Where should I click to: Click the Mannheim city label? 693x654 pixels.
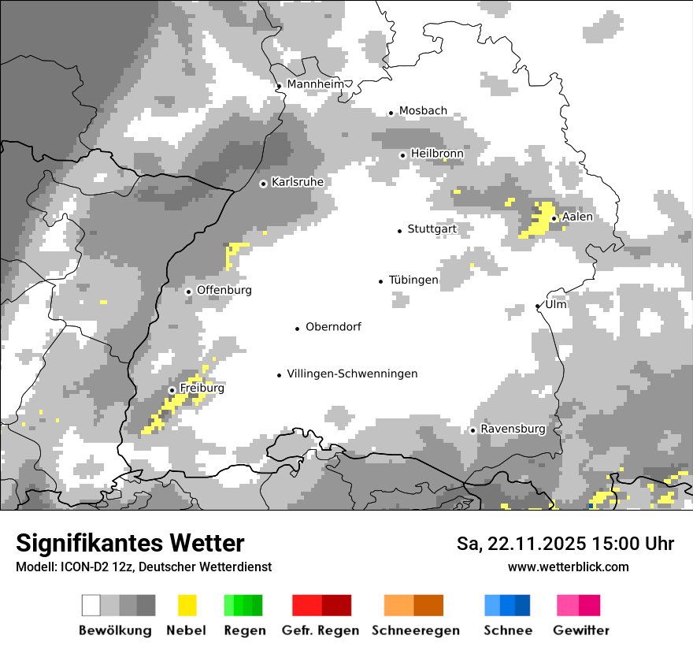tap(315, 84)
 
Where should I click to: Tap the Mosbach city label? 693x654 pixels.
tap(423, 111)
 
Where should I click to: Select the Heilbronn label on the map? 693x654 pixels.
tap(437, 154)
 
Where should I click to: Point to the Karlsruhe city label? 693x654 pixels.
tap(298, 182)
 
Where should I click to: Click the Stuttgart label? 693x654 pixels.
tap(432, 229)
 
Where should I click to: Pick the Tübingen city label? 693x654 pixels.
tap(413, 280)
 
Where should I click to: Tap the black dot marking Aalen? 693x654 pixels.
tap(554, 218)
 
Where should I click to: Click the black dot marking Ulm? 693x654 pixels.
tap(538, 306)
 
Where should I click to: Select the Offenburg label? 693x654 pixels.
tap(224, 290)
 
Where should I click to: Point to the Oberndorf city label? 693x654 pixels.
tap(333, 327)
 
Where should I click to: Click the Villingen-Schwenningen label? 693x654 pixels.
tap(352, 373)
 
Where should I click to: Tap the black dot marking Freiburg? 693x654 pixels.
tap(172, 390)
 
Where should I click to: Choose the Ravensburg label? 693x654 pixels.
tap(513, 429)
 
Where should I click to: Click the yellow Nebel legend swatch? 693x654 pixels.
tap(187, 605)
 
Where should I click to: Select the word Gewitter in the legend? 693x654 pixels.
tap(581, 630)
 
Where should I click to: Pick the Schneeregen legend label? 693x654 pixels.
tap(415, 630)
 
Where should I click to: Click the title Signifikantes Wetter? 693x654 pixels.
tap(130, 543)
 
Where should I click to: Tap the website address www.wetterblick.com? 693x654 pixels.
tap(568, 567)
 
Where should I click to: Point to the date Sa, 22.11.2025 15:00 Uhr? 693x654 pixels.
tap(565, 544)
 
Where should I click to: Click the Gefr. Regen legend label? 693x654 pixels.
tap(321, 630)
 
